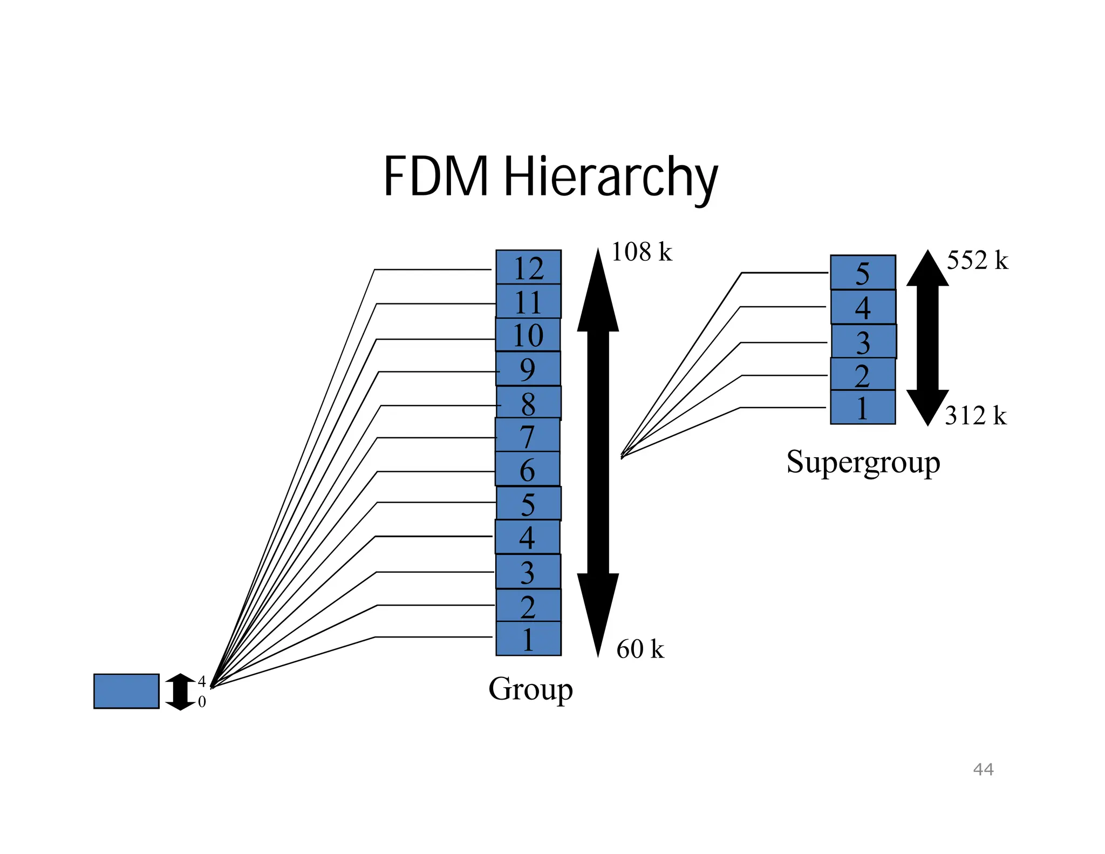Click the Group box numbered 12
click(x=528, y=267)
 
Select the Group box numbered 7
click(x=528, y=435)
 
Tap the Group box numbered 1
click(x=528, y=639)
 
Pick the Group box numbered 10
click(x=528, y=335)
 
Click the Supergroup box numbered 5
click(x=862, y=273)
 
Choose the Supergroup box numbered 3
click(x=863, y=341)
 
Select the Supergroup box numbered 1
click(x=862, y=408)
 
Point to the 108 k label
click(x=641, y=252)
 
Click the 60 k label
click(x=640, y=649)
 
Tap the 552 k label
click(x=977, y=260)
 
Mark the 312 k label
click(x=976, y=416)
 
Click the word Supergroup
click(x=863, y=462)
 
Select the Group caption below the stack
click(x=530, y=689)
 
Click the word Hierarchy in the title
click(x=610, y=177)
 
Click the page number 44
click(x=983, y=769)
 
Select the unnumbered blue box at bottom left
click(x=126, y=691)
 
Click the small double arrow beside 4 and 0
click(x=180, y=692)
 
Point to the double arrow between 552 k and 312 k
click(x=927, y=338)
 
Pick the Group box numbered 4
click(x=527, y=537)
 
